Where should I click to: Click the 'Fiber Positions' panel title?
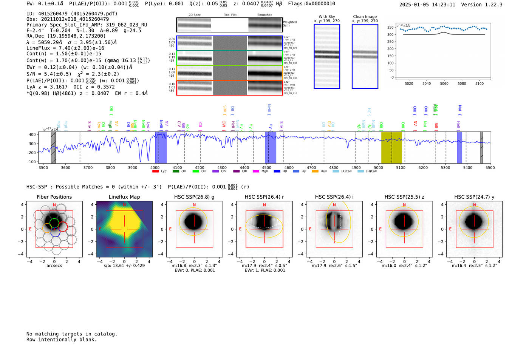(x=54, y=197)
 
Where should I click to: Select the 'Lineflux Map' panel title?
(x=124, y=197)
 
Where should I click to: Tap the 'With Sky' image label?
(x=327, y=17)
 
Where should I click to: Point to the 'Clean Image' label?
(x=365, y=17)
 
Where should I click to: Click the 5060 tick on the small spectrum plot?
(x=444, y=83)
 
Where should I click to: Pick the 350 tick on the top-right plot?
(x=390, y=27)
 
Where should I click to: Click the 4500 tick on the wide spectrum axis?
(x=267, y=167)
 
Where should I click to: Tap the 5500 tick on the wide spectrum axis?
(x=490, y=167)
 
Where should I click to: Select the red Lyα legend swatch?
(x=155, y=172)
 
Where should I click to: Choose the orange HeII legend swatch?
(x=315, y=172)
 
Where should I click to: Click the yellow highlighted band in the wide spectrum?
(x=391, y=147)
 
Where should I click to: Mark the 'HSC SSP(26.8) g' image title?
(x=194, y=197)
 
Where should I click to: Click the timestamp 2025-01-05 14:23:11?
(x=427, y=5)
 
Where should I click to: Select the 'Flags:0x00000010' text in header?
(x=311, y=4)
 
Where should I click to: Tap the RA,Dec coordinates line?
(x=66, y=36)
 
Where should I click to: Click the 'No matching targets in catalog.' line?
(x=72, y=334)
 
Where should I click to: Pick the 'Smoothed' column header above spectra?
(x=264, y=15)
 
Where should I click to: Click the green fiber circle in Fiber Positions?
(x=54, y=222)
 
